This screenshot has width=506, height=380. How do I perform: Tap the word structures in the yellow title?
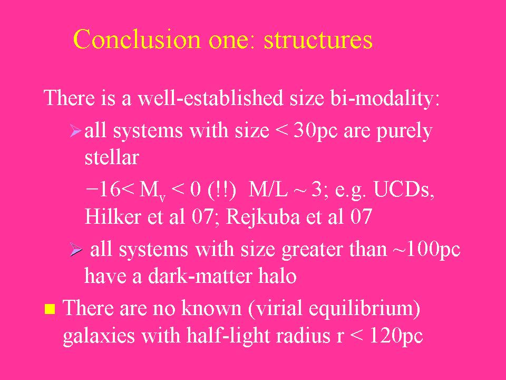[x=318, y=40]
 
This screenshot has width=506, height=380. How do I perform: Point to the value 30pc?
[x=316, y=131]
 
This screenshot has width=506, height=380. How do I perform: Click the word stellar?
[x=112, y=157]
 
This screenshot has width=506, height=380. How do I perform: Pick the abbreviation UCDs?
[x=404, y=189]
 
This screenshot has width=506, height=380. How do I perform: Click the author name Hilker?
[x=113, y=216]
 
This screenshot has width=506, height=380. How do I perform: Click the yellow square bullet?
[x=50, y=309]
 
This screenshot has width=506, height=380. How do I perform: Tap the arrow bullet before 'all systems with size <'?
[x=75, y=131]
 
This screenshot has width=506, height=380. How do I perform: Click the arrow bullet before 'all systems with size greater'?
[x=76, y=250]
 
